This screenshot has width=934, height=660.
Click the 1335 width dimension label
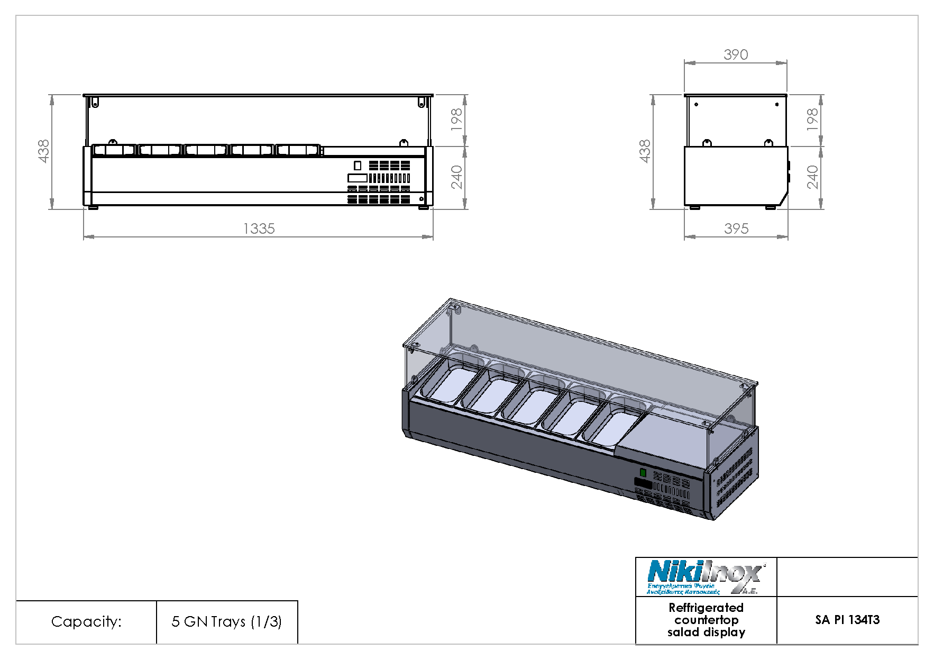point(259,228)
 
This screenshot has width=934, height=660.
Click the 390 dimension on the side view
point(736,54)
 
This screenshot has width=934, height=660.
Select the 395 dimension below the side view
point(736,228)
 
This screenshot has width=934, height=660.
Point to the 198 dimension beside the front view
point(456,120)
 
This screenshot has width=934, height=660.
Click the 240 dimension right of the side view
point(812,177)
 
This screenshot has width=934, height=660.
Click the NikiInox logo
point(705,577)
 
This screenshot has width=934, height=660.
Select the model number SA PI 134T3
point(847,620)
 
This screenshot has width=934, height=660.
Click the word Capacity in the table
point(86,621)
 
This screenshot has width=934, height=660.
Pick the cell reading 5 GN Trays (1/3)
point(226,621)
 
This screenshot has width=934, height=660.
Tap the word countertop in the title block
point(706,620)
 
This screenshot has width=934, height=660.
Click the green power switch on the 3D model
point(643,472)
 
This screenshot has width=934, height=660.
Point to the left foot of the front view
point(93,207)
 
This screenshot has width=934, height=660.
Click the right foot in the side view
point(771,207)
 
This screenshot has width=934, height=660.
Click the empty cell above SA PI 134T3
point(847,577)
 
